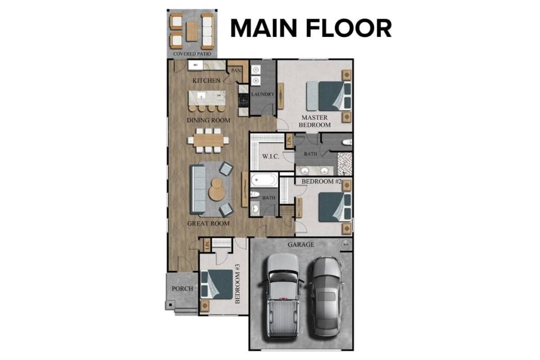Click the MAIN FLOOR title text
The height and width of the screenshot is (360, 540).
tap(311, 28)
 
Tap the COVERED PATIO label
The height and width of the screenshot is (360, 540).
tap(192, 53)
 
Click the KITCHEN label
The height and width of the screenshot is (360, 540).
tap(206, 81)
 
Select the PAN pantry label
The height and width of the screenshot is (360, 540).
tap(235, 71)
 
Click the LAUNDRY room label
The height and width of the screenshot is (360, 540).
tap(262, 94)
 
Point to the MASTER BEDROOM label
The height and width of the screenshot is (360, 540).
tap(315, 121)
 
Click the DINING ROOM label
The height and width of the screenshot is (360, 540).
tap(209, 121)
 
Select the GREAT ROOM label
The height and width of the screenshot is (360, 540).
tap(209, 223)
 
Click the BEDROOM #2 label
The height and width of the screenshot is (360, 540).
tap(322, 181)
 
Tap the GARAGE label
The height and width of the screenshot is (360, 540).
tap(301, 245)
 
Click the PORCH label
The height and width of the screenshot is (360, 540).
tap(182, 289)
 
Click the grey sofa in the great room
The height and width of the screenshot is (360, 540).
tap(198, 189)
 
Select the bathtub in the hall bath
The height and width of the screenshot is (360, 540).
tap(263, 180)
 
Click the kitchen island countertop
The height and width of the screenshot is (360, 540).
tap(207, 97)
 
